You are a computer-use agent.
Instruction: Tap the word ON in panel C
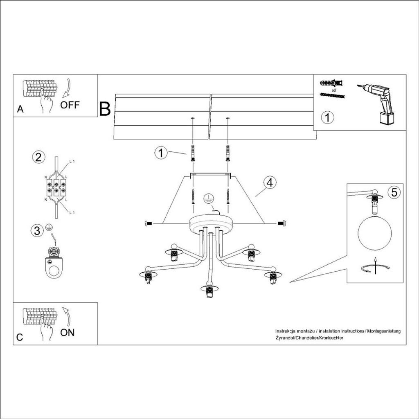[68, 332]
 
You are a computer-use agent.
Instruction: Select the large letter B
[105, 109]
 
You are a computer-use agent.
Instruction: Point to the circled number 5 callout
[394, 192]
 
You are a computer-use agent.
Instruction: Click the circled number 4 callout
[269, 183]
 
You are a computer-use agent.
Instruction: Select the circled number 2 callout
[38, 157]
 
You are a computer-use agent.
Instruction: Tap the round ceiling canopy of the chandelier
[211, 223]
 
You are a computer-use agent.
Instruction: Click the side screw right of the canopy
[282, 223]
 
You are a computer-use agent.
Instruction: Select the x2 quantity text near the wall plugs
[334, 90]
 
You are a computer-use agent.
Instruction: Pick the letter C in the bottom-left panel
[20, 338]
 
